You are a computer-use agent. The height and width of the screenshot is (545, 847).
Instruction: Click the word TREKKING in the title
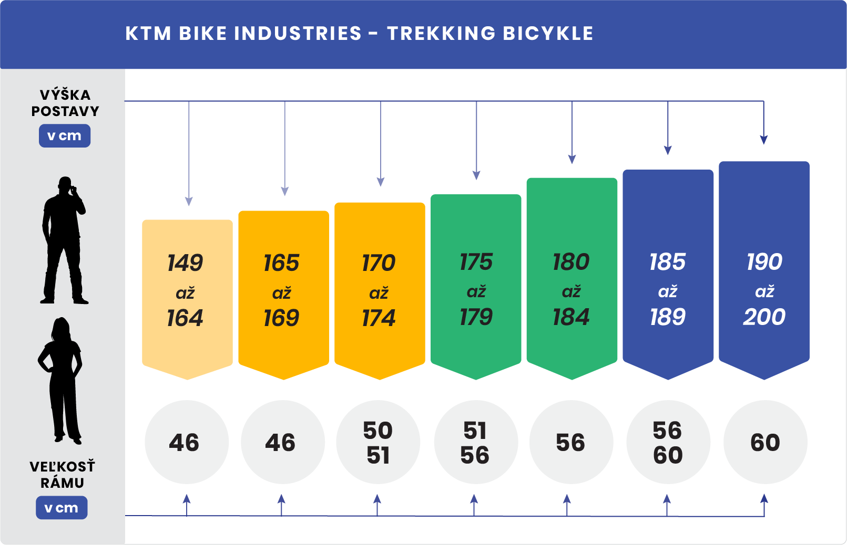tap(441, 34)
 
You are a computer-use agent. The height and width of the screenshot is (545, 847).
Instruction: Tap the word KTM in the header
tap(148, 34)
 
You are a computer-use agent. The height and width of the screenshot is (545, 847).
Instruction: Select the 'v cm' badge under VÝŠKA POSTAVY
tap(65, 136)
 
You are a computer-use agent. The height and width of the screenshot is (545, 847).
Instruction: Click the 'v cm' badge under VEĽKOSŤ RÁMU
tap(62, 508)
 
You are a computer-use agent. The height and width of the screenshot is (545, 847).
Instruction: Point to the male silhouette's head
tap(65, 185)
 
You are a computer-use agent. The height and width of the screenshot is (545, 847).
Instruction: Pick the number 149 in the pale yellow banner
tap(185, 263)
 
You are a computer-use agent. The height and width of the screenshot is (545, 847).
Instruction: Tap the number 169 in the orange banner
tap(281, 318)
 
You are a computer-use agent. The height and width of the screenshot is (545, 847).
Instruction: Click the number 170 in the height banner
tap(379, 263)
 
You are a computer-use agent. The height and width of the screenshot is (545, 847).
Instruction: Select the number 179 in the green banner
tap(476, 317)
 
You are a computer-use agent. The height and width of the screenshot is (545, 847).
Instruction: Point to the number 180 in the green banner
tap(571, 261)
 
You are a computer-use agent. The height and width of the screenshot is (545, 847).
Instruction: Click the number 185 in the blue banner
tap(668, 261)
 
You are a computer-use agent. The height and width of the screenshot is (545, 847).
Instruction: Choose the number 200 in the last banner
tap(764, 317)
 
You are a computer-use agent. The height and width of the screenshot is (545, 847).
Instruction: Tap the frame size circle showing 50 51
tap(378, 442)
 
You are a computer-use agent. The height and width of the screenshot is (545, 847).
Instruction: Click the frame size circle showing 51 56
tap(475, 442)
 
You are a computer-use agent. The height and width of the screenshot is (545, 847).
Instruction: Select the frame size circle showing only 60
tap(765, 442)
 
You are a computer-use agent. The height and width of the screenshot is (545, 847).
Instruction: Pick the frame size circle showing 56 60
tap(668, 442)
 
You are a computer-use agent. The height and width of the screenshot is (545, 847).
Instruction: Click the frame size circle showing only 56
tap(571, 442)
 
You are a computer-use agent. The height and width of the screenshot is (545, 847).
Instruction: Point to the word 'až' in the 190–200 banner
tap(764, 291)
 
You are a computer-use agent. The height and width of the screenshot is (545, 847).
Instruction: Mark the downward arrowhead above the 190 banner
tap(764, 140)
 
